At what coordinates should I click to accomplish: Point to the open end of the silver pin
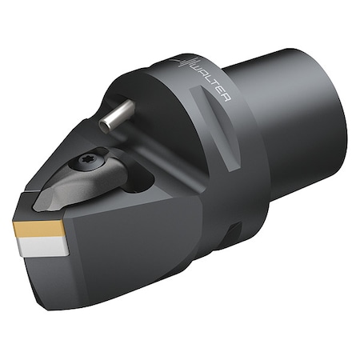tap(105, 123)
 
